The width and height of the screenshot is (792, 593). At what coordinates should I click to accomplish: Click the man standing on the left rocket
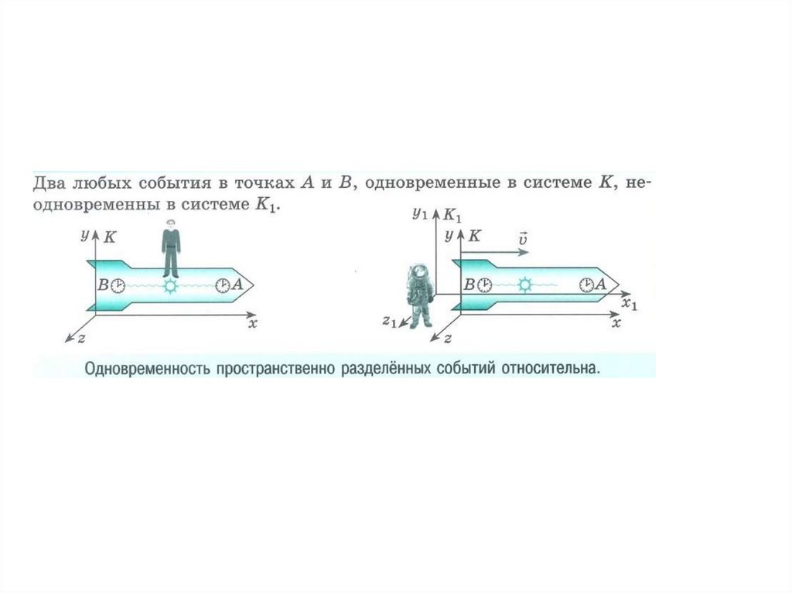171,248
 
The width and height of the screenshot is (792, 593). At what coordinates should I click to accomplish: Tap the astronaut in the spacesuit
420,295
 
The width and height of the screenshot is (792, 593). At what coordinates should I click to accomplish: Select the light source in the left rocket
171,285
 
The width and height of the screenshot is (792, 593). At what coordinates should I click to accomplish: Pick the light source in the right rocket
525,285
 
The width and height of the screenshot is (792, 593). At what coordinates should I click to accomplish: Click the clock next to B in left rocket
118,285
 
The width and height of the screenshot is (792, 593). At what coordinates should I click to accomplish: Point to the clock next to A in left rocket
223,285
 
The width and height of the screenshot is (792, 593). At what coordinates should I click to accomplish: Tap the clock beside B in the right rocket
483,285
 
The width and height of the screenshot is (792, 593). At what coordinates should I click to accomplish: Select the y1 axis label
420,212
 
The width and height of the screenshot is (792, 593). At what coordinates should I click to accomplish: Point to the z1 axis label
389,321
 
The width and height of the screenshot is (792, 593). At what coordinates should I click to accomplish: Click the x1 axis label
630,304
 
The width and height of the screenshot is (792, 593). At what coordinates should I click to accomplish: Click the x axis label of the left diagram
252,323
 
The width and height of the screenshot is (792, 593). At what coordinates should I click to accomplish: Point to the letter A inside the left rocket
237,285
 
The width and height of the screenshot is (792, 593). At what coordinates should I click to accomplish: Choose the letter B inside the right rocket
469,285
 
